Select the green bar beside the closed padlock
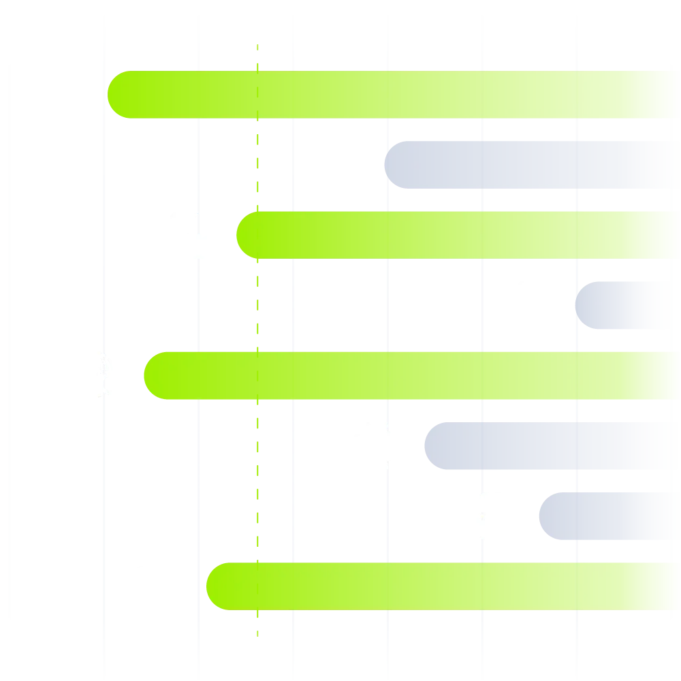[x=395, y=95]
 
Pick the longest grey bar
[x=531, y=164]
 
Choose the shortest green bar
[x=456, y=235]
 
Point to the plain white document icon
[x=534, y=304]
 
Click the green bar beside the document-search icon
[x=409, y=375]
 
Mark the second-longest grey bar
[x=552, y=447]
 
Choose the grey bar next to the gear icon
[x=609, y=517]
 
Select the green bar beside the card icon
[x=443, y=586]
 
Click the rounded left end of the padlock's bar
[x=119, y=95]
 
